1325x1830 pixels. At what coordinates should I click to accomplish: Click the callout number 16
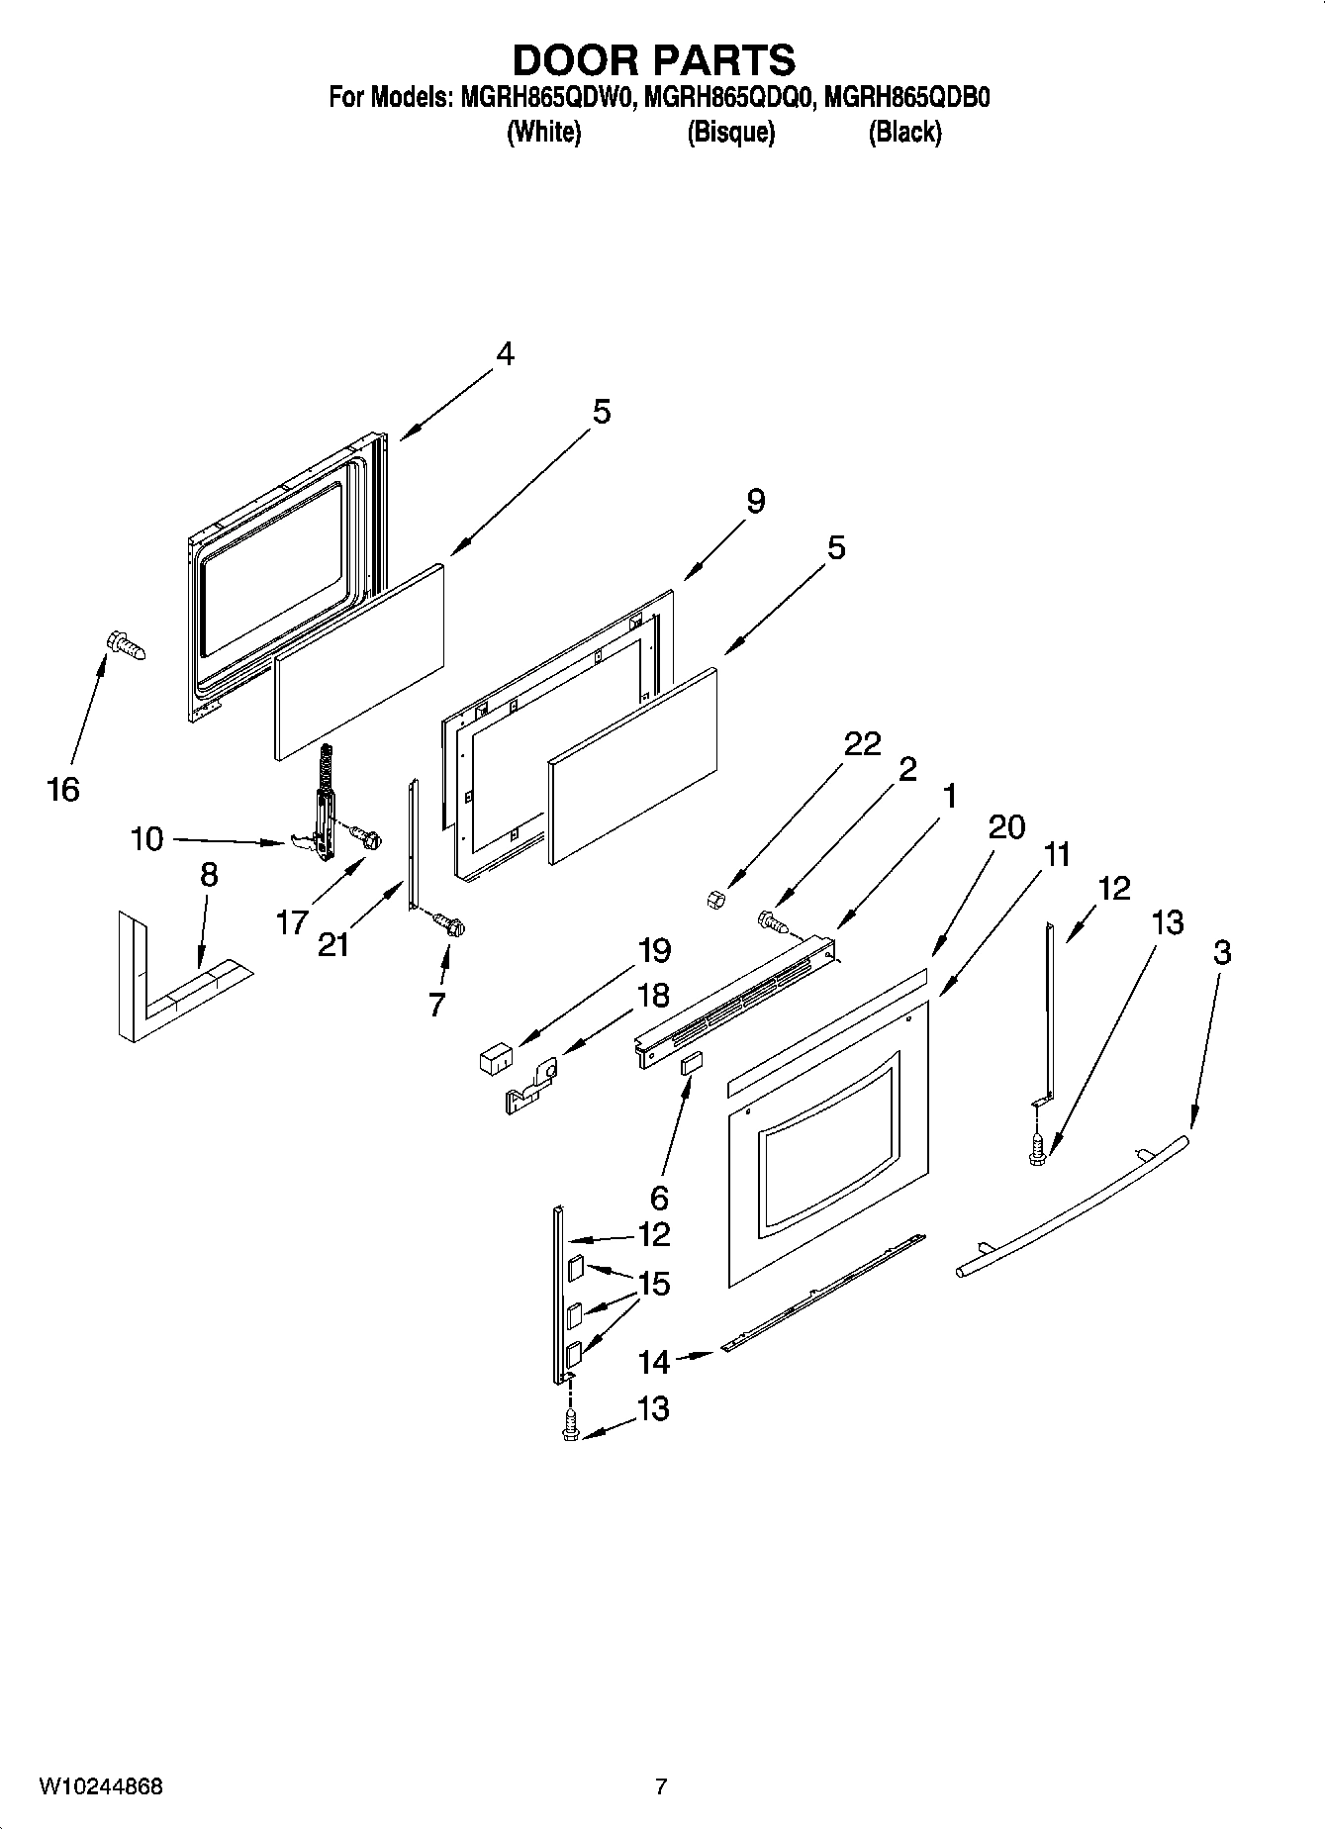pos(62,790)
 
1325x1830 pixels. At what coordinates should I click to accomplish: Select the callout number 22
pos(861,743)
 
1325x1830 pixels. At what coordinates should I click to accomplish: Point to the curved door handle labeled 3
pos(1074,1207)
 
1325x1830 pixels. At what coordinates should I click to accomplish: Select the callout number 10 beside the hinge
pos(146,839)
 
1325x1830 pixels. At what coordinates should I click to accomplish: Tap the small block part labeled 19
pos(493,1060)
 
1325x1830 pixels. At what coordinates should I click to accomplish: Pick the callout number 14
pos(654,1362)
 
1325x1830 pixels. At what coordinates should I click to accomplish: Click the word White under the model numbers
pos(543,132)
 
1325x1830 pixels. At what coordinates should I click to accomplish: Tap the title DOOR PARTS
pos(653,59)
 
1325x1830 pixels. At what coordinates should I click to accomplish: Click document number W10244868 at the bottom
pos(101,1786)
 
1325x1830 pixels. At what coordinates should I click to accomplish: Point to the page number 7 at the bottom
pos(661,1786)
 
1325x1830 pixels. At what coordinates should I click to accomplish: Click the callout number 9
pos(755,501)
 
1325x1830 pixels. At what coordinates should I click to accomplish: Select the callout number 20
pos(1006,827)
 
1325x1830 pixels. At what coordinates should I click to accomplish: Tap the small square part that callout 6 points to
pos(690,1063)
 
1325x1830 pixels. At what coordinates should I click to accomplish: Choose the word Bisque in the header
pos(730,132)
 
